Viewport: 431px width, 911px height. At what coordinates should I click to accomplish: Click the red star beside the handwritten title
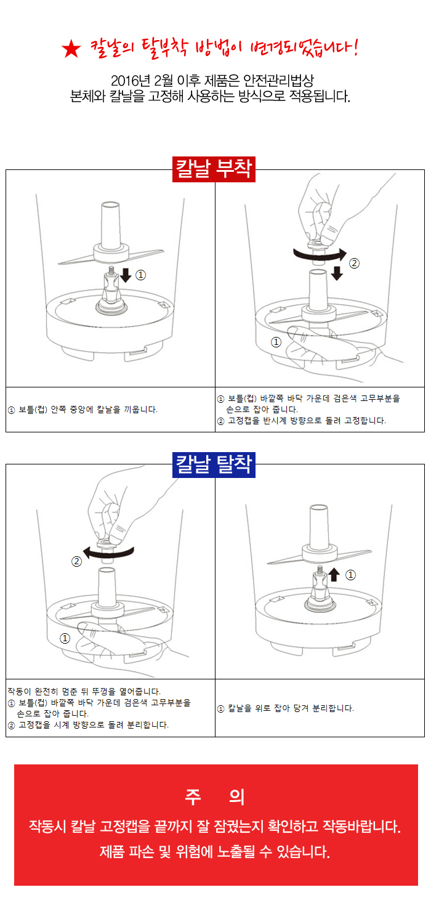coord(71,49)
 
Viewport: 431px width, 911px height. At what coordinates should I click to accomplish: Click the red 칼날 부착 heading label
coord(214,169)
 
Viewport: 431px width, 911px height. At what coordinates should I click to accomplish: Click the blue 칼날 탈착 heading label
coord(214,465)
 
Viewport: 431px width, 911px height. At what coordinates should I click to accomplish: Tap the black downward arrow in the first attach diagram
coord(126,275)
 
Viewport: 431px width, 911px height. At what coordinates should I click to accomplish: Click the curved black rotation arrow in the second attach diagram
coord(320,255)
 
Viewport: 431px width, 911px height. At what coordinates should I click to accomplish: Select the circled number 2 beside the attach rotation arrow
coord(354,263)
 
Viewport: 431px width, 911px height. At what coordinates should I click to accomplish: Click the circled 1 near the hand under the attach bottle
coord(276,342)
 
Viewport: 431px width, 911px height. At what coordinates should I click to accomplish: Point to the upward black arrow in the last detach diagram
coord(334,575)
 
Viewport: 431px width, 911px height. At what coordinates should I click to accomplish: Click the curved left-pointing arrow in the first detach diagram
coord(108,553)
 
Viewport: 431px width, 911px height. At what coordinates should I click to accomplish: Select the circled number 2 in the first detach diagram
coord(76,562)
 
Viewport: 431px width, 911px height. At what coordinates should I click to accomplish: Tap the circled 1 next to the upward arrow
coord(350,575)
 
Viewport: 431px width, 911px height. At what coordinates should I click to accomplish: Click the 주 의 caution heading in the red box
coord(215,797)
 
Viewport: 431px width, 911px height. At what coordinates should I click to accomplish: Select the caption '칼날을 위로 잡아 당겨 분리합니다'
coord(291,708)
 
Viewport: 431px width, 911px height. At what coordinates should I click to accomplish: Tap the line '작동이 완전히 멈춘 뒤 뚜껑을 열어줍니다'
coord(84,691)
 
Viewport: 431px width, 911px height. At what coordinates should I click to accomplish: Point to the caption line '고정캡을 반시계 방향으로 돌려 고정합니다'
coord(307,421)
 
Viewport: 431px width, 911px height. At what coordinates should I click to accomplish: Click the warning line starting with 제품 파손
coord(215,851)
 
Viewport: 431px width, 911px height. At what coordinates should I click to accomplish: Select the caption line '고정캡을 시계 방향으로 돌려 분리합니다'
coord(94,725)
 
